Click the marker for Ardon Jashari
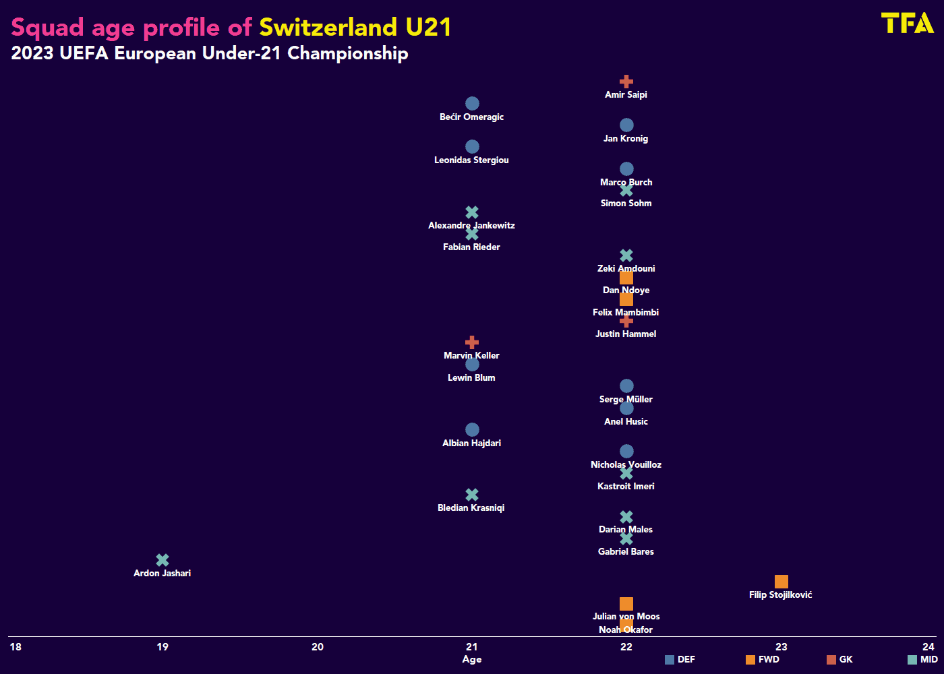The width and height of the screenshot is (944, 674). pyautogui.click(x=163, y=560)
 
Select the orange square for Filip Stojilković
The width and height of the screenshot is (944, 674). pyautogui.click(x=781, y=582)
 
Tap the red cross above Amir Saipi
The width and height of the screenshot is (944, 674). pyautogui.click(x=626, y=82)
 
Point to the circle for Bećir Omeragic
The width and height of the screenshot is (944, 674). pyautogui.click(x=472, y=104)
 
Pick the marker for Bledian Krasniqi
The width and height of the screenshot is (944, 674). pyautogui.click(x=472, y=495)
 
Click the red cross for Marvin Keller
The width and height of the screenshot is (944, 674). pyautogui.click(x=472, y=342)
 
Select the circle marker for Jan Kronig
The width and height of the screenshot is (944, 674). pyautogui.click(x=626, y=125)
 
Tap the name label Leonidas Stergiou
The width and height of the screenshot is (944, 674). pyautogui.click(x=471, y=160)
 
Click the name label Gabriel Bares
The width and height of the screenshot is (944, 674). pyautogui.click(x=626, y=551)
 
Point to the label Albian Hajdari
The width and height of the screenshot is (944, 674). pyautogui.click(x=471, y=443)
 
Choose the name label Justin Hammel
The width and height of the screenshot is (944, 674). pyautogui.click(x=626, y=334)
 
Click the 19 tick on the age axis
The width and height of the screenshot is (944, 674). pyautogui.click(x=163, y=647)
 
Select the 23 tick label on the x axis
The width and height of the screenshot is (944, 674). pyautogui.click(x=781, y=647)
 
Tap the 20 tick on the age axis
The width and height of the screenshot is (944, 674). pyautogui.click(x=318, y=647)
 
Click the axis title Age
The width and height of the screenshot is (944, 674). pyautogui.click(x=472, y=659)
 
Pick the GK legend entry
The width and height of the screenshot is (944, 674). pyautogui.click(x=840, y=660)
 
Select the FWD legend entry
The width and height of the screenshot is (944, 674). pyautogui.click(x=763, y=660)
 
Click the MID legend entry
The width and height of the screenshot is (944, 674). pyautogui.click(x=923, y=660)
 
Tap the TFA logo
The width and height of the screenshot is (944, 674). pyautogui.click(x=907, y=23)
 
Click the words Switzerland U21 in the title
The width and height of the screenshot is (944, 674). pyautogui.click(x=355, y=28)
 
